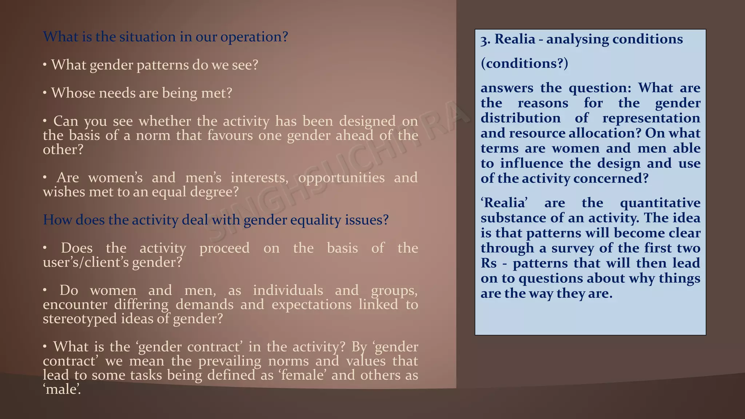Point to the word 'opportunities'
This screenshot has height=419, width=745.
(341, 177)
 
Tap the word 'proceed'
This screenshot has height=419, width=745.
(224, 248)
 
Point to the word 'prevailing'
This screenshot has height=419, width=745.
(230, 361)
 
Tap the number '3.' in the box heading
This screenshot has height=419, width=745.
(486, 39)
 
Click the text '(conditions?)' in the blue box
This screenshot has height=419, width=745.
(524, 63)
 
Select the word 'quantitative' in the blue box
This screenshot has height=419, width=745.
(660, 203)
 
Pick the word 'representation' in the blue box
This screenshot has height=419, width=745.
(651, 118)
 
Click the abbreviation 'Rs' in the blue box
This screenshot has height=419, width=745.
(489, 263)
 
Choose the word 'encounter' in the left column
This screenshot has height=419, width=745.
(75, 304)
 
